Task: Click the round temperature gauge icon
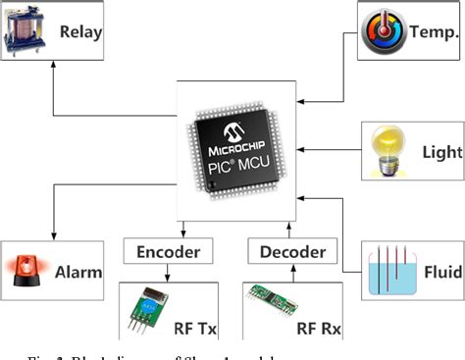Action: (x=379, y=28)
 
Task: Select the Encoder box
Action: (x=167, y=252)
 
